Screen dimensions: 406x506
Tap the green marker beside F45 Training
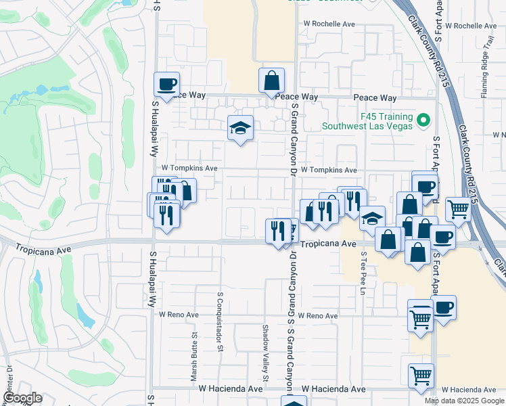coord(424,121)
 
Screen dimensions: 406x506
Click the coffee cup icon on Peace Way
coord(167,85)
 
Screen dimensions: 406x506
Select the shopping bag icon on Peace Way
coord(271,81)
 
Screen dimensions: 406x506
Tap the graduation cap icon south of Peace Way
coord(239,128)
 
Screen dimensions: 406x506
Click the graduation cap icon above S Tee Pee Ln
coord(371,218)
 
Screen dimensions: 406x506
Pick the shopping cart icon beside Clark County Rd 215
coord(459,209)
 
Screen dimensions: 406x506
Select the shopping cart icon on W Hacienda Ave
coord(421,375)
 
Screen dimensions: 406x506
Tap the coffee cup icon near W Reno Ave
coord(444,309)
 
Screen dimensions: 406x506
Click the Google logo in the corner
coord(22,398)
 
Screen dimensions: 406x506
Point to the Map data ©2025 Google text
coord(465,401)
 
